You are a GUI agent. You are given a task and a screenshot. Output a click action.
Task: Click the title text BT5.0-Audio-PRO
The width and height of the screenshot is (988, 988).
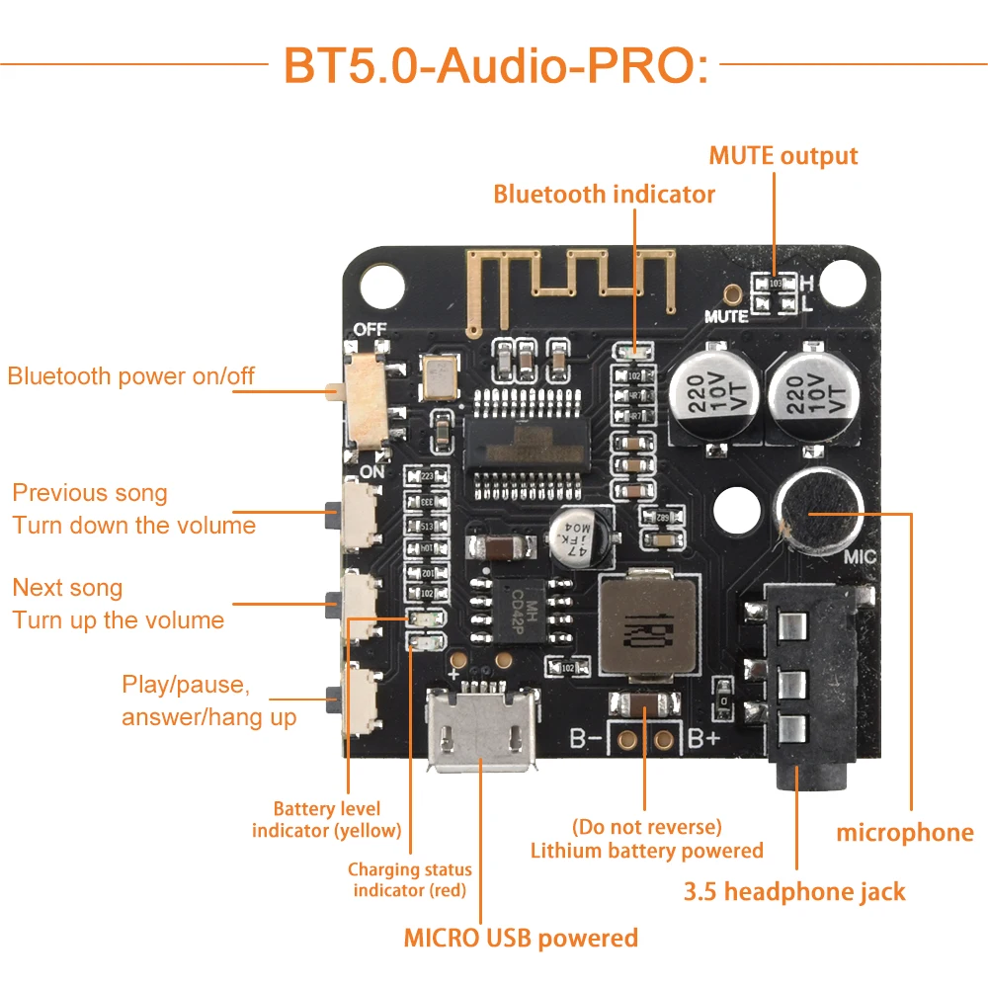click(496, 64)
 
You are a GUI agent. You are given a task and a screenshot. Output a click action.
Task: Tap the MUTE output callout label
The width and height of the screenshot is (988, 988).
click(782, 156)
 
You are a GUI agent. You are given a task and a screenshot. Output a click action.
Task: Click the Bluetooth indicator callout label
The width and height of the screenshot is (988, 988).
click(604, 194)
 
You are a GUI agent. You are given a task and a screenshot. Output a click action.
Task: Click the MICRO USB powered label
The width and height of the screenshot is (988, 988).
click(521, 937)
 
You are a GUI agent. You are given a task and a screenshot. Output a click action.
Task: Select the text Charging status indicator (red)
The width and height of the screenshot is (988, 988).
click(410, 879)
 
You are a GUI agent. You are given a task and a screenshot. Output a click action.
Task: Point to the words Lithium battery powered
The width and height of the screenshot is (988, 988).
click(646, 850)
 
